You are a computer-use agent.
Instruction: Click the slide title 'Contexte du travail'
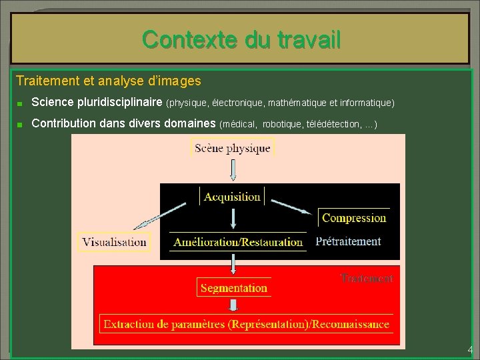(241, 40)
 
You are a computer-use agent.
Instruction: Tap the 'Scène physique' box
(233, 148)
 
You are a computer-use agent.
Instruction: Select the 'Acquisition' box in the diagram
(232, 197)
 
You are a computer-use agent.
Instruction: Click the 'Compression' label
(354, 218)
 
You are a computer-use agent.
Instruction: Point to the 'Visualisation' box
(115, 242)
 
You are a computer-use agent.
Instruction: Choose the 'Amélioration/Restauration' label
(238, 242)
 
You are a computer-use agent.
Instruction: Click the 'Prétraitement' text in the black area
(348, 241)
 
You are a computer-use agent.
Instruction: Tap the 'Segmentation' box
(233, 288)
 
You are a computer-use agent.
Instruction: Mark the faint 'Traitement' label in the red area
(367, 278)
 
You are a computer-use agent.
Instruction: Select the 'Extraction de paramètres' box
(246, 325)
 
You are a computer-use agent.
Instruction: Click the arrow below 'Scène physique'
(233, 170)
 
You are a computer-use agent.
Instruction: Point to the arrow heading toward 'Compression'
(289, 203)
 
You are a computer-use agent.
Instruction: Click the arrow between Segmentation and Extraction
(233, 305)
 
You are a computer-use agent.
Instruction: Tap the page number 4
(470, 350)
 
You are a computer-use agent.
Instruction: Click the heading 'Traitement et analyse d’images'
(108, 81)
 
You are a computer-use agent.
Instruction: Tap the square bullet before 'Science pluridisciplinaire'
(21, 104)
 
